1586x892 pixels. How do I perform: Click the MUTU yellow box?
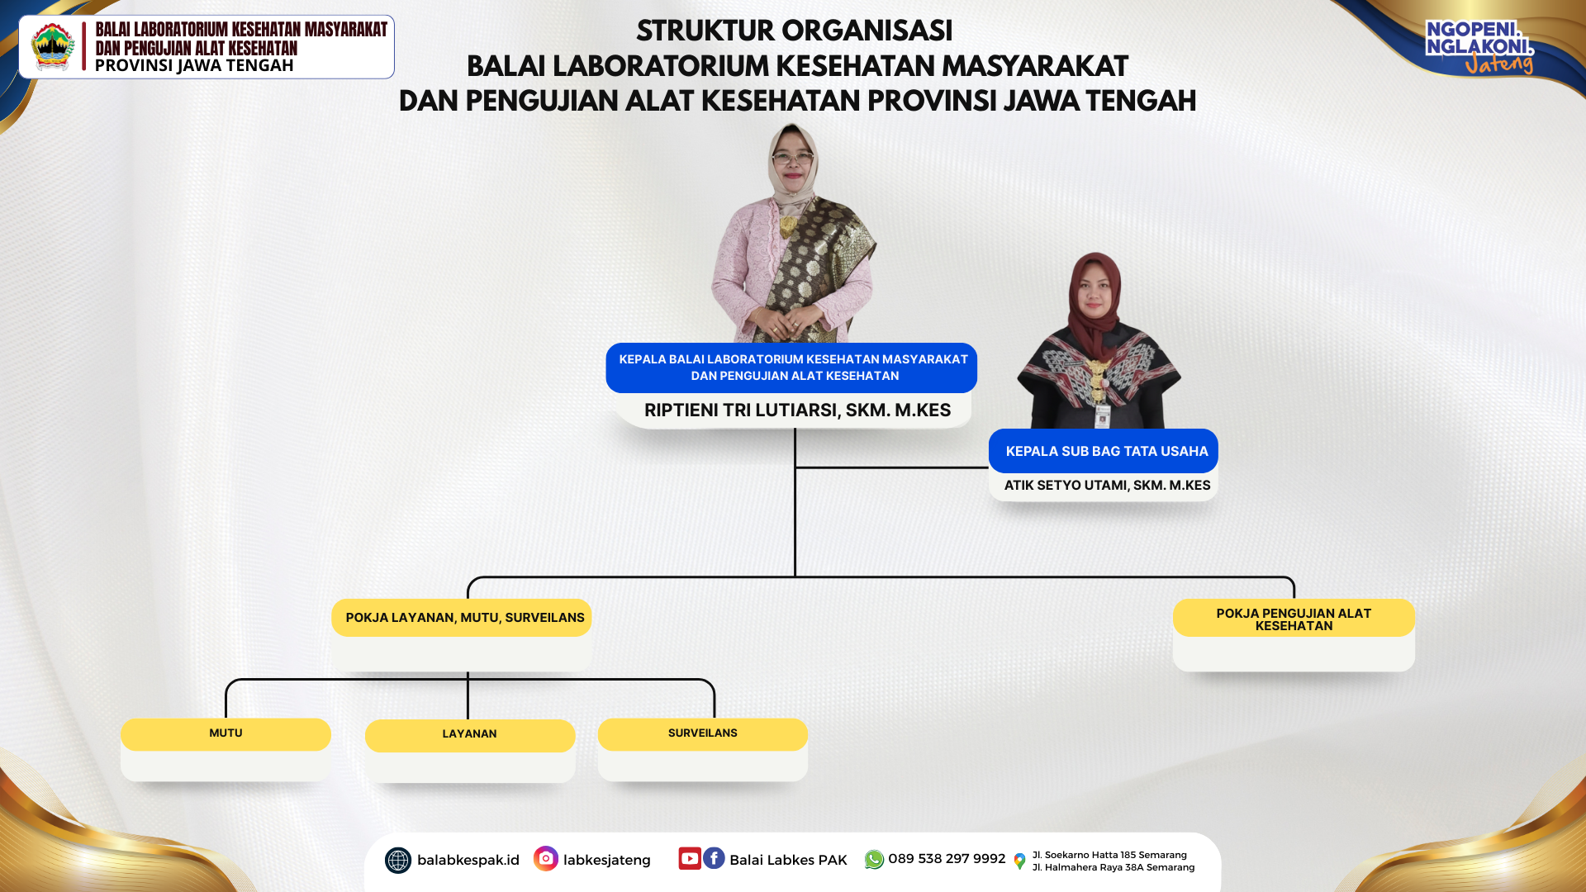coord(226,734)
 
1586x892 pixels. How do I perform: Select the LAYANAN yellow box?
coord(470,735)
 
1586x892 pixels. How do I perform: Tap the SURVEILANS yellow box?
coord(703,734)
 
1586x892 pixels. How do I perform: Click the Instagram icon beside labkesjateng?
coord(546,859)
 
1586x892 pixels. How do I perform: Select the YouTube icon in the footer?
coord(690,858)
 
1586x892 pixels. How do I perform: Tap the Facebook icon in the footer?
coord(714,858)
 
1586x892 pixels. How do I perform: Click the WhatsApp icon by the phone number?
coord(874,860)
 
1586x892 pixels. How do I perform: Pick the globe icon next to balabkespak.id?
coord(398,861)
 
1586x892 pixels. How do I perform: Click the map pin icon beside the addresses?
coord(1019,861)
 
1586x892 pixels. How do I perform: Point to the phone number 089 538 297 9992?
coord(947,859)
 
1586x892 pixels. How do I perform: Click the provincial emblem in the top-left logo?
coord(53,46)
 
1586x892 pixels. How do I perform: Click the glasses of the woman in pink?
coord(792,158)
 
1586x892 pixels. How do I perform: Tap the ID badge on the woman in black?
coord(1102,415)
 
